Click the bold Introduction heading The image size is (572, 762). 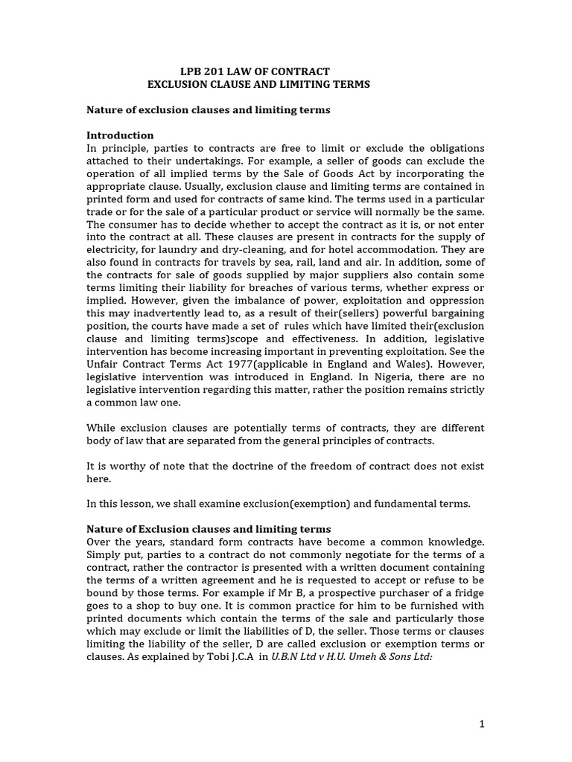click(120, 135)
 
